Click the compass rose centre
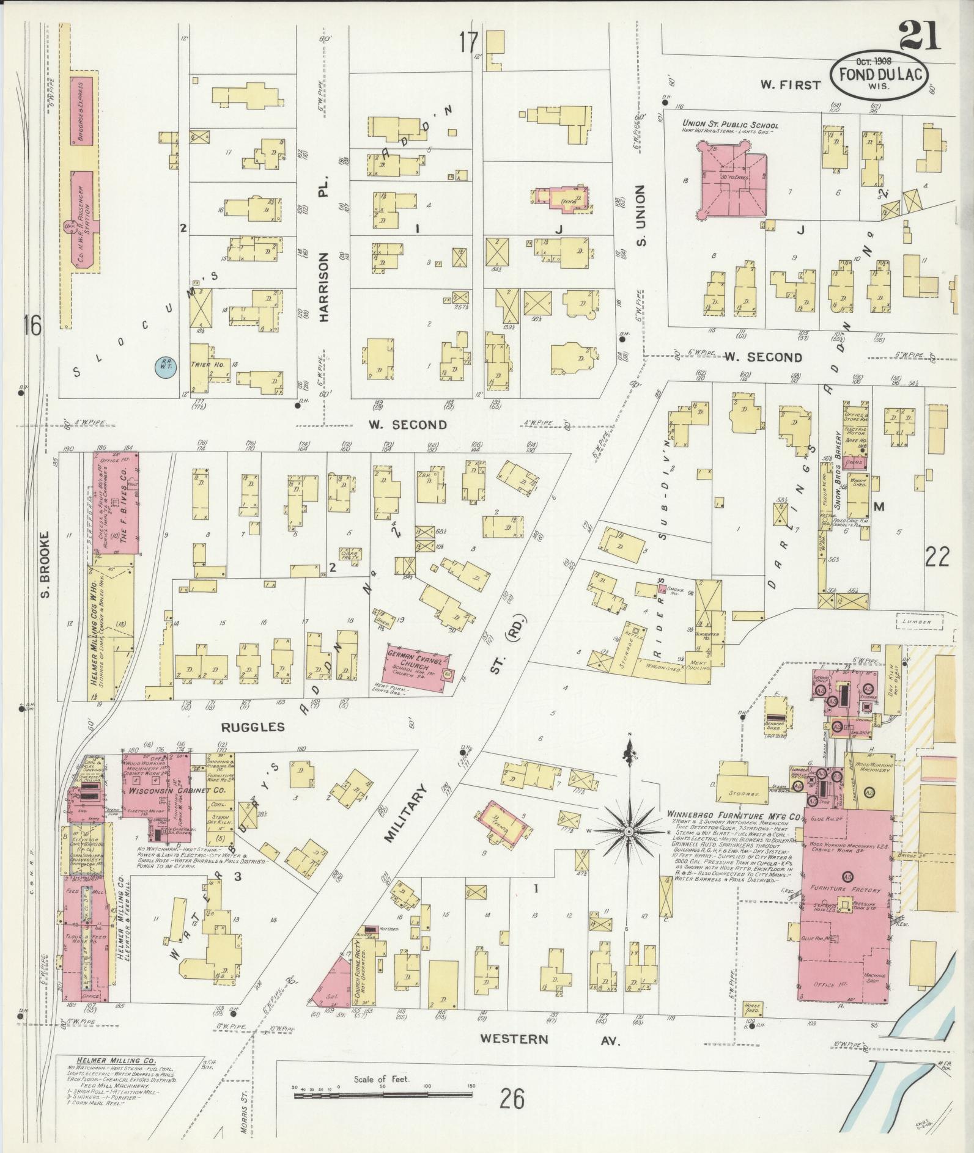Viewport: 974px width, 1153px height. point(629,833)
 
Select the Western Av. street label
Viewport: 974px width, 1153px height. point(550,1039)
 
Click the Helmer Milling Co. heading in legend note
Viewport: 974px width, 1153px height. point(116,1060)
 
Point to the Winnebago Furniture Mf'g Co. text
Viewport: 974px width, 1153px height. point(734,816)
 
